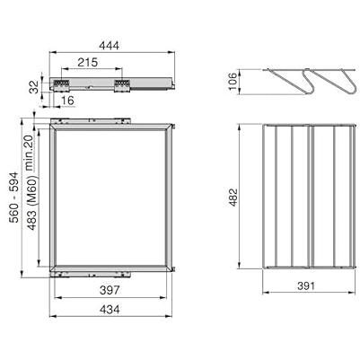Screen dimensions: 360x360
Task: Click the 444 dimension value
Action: [x=109, y=46]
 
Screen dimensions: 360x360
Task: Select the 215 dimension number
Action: [x=87, y=62]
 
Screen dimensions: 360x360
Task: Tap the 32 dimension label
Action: [x=35, y=87]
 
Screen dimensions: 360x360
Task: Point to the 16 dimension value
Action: [x=67, y=101]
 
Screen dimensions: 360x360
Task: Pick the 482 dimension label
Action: [x=233, y=197]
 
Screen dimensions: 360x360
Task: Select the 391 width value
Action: [x=306, y=285]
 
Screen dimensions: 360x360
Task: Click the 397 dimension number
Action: [x=110, y=290]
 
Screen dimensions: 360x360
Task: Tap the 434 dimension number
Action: [x=110, y=309]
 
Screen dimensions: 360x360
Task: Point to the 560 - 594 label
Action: [x=14, y=198]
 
